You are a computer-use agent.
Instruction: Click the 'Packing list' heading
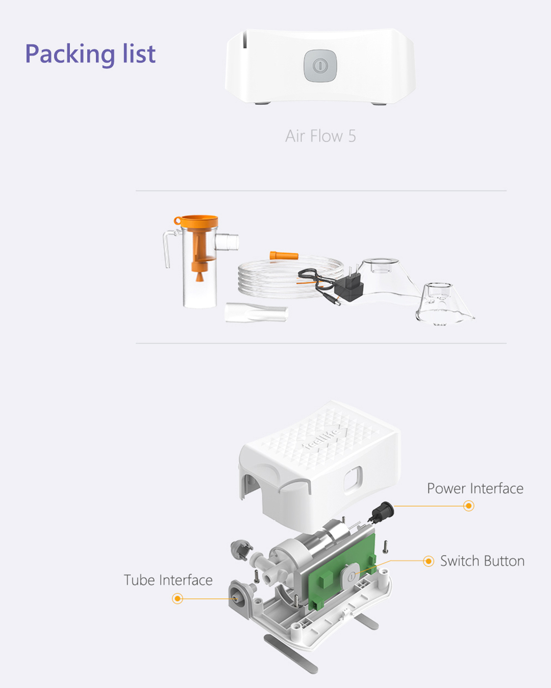[90, 54]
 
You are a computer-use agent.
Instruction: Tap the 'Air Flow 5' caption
[320, 136]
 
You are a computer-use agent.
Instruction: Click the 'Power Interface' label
[475, 489]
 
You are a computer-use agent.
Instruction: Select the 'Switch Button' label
[482, 561]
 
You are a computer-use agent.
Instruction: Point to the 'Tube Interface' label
[168, 580]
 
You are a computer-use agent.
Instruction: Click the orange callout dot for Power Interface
[468, 506]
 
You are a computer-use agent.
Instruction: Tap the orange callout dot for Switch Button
[429, 561]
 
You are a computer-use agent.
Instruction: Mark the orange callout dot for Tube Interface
[178, 598]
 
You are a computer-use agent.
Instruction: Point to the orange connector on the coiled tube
[284, 256]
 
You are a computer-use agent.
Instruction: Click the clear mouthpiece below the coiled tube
[256, 312]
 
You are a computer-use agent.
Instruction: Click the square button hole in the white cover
[353, 479]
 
